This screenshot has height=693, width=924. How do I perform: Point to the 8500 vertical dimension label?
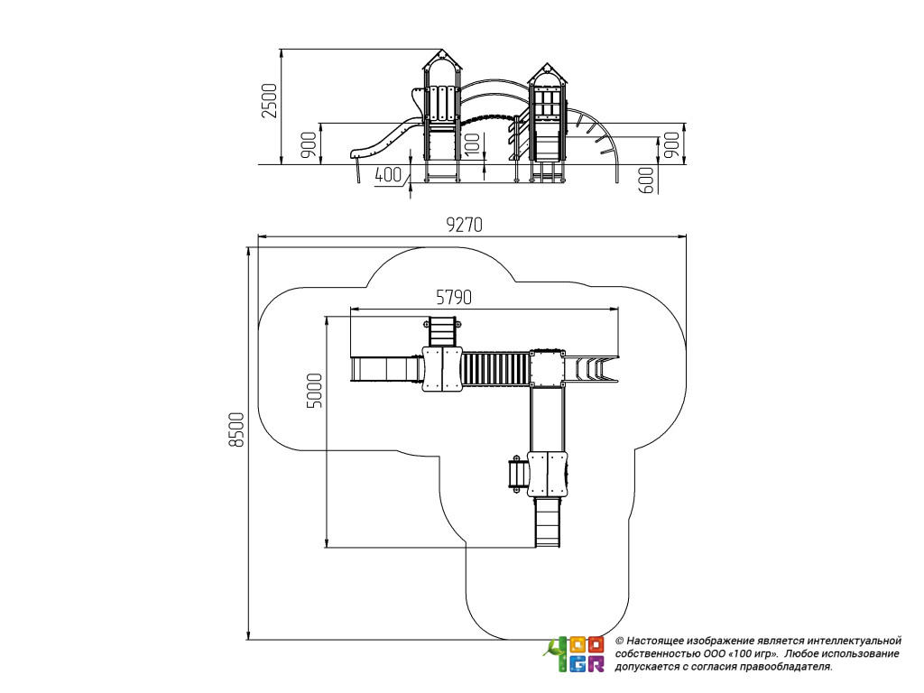click(236, 430)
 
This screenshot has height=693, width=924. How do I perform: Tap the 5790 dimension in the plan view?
click(455, 296)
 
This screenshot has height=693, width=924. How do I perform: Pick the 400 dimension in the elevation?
click(387, 175)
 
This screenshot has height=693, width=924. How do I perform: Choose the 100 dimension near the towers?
click(471, 143)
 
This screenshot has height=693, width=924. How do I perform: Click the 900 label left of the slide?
click(309, 144)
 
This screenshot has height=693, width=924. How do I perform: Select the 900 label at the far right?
click(670, 144)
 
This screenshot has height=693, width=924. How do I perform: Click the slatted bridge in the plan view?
click(495, 368)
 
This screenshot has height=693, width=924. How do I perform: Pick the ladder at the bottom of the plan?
click(547, 522)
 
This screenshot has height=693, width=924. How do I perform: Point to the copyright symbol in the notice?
click(619, 640)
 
